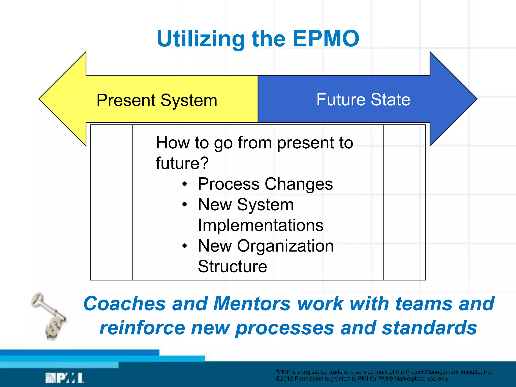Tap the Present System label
coord(157,100)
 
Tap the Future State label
coord(363,100)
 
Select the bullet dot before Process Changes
coord(185,184)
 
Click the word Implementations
coord(261,225)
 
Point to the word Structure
coord(232,266)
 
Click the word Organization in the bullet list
coord(285,246)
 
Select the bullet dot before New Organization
coord(185,246)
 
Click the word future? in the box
coord(182,163)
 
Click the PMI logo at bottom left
coord(64,378)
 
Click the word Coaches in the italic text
coord(124,304)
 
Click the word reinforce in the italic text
coord(142,328)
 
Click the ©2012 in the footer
coord(284,379)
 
